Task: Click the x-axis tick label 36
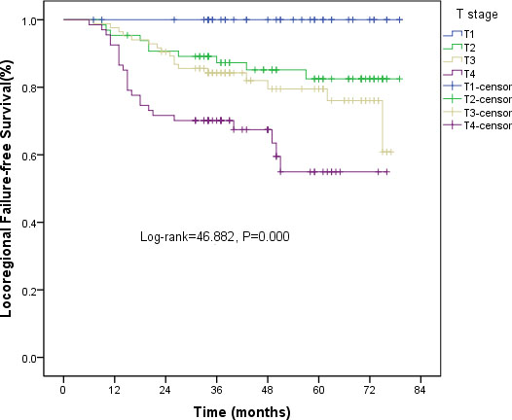pyautogui.click(x=216, y=390)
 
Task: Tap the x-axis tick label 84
pyautogui.click(x=421, y=390)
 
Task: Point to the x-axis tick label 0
pyautogui.click(x=63, y=390)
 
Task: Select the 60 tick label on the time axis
pyautogui.click(x=318, y=390)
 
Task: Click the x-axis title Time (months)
pyautogui.click(x=242, y=412)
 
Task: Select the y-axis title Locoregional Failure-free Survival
pyautogui.click(x=7, y=190)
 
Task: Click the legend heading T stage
pyautogui.click(x=477, y=15)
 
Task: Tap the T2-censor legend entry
pyautogui.click(x=477, y=99)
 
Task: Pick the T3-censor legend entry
pyautogui.click(x=477, y=113)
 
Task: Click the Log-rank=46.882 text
pyautogui.click(x=187, y=237)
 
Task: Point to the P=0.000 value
pyautogui.click(x=266, y=236)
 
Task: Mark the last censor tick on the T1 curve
pyautogui.click(x=399, y=19)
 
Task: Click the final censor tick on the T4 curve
pyautogui.click(x=386, y=172)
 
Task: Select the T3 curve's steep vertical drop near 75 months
pyautogui.click(x=383, y=126)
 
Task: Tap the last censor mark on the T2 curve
pyautogui.click(x=399, y=79)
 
